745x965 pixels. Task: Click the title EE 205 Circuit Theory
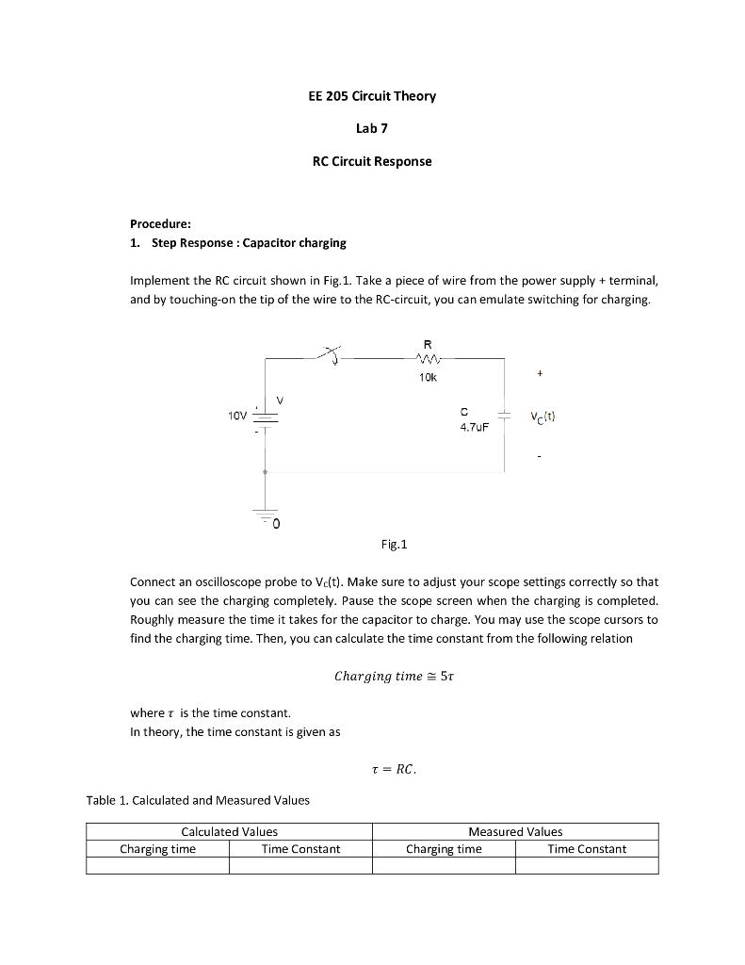click(372, 96)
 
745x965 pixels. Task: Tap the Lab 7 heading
click(372, 128)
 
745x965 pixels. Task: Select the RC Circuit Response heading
click(372, 161)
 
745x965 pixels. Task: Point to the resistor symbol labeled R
click(428, 357)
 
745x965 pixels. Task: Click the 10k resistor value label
click(428, 377)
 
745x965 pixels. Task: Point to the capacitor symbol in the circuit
click(504, 416)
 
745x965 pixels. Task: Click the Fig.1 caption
click(394, 545)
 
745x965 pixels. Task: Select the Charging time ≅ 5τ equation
click(395, 676)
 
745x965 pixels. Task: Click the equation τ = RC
click(394, 769)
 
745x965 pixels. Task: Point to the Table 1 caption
click(198, 800)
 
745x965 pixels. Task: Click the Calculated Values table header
click(229, 831)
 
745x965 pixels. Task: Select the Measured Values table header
click(515, 831)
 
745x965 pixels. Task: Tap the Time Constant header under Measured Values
click(587, 849)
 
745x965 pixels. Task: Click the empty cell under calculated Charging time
click(157, 865)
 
